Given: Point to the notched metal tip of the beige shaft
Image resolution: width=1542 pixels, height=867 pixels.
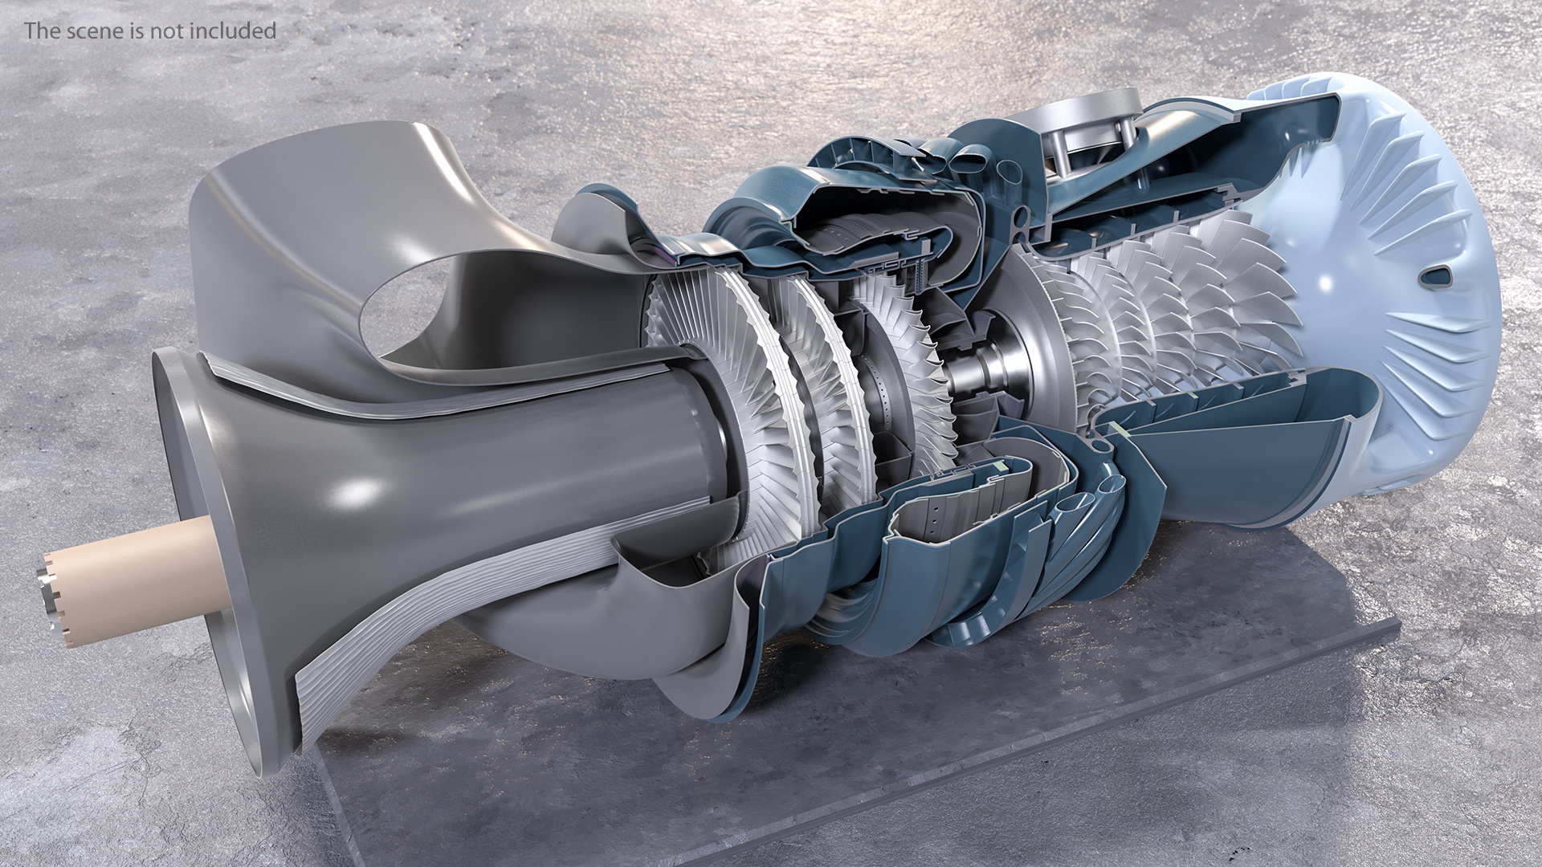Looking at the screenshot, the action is pyautogui.click(x=50, y=601).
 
